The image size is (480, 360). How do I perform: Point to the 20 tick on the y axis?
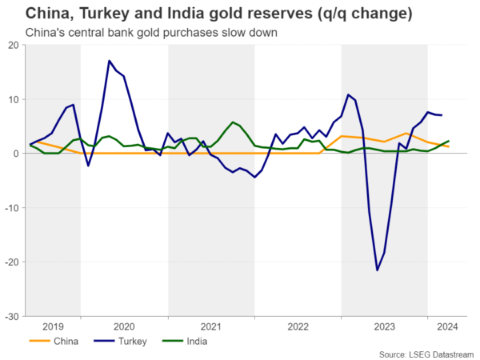[14, 45]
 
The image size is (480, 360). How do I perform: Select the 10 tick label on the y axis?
[14, 99]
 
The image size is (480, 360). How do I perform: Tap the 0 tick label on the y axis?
[17, 154]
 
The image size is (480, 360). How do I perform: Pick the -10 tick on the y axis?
[13, 208]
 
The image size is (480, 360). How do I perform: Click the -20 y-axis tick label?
[13, 262]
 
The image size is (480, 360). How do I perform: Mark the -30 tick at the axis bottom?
[13, 316]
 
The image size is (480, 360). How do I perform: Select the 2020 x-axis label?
[124, 326]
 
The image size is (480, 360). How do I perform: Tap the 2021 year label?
[211, 326]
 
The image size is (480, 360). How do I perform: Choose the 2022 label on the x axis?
[298, 326]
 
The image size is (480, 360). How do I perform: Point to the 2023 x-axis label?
[385, 326]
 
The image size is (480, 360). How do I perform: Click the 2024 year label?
[447, 326]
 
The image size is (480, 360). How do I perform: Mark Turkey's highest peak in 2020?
[110, 61]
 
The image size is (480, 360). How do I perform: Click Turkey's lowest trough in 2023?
[378, 270]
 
